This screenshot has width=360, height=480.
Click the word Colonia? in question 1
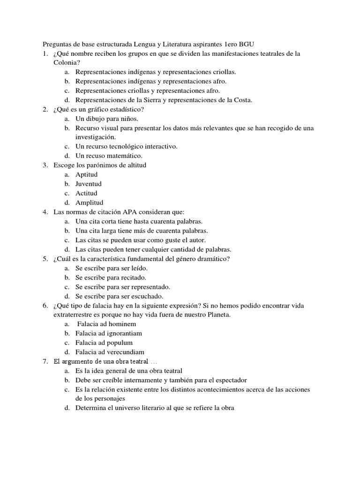pyautogui.click(x=67, y=63)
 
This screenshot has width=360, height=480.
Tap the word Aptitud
pyautogui.click(x=87, y=174)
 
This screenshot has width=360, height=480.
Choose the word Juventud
pyautogui.click(x=89, y=184)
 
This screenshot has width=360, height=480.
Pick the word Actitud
pyautogui.click(x=86, y=193)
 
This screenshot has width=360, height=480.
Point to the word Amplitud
pyautogui.click(x=89, y=202)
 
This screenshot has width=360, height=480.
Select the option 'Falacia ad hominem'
pyautogui.click(x=106, y=324)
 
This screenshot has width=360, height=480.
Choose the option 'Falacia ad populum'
pyautogui.click(x=106, y=343)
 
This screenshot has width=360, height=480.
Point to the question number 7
pyautogui.click(x=45, y=361)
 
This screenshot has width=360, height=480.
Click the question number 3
pyautogui.click(x=45, y=165)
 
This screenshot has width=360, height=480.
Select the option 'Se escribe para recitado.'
pyautogui.click(x=107, y=277)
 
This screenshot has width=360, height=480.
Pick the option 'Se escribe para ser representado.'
pyautogui.click(x=123, y=287)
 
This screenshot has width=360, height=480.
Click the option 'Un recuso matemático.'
pyautogui.click(x=109, y=156)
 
